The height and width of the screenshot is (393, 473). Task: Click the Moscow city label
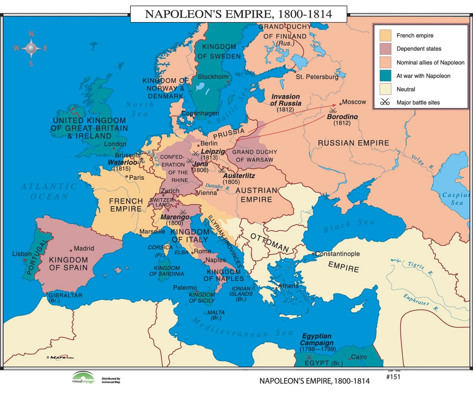pos(354,102)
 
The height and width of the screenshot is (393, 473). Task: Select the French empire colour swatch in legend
pos(385,35)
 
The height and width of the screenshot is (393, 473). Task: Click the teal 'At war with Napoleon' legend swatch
pos(385,76)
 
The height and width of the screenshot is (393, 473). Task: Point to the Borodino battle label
pos(342,117)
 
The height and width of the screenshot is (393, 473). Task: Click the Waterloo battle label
pos(122,162)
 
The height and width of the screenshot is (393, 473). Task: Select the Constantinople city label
pos(337,254)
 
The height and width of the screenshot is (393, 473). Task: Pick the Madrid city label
pos(84,248)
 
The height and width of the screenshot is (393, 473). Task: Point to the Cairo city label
pos(359,357)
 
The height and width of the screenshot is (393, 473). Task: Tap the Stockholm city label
pos(213,76)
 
